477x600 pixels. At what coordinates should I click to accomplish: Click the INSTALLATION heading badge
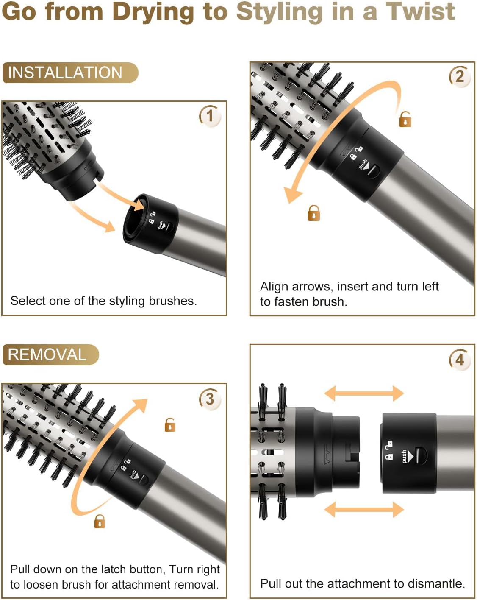(x=70, y=73)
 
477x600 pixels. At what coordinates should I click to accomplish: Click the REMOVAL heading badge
(x=50, y=354)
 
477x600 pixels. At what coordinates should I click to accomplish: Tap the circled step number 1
(x=210, y=116)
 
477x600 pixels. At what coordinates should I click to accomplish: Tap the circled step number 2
(x=459, y=77)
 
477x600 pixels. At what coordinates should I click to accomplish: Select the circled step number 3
(x=210, y=399)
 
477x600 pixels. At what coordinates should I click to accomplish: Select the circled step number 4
(x=459, y=360)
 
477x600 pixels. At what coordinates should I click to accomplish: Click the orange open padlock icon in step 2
(x=405, y=120)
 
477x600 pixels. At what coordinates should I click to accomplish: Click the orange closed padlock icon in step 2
(x=313, y=213)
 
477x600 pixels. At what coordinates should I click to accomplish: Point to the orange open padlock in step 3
(x=170, y=424)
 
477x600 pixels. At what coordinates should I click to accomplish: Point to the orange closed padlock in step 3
(x=100, y=521)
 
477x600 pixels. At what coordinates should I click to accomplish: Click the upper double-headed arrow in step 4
(x=364, y=393)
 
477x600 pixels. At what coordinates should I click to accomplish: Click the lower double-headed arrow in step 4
(x=364, y=509)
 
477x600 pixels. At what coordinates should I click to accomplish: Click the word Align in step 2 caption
(x=273, y=287)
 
